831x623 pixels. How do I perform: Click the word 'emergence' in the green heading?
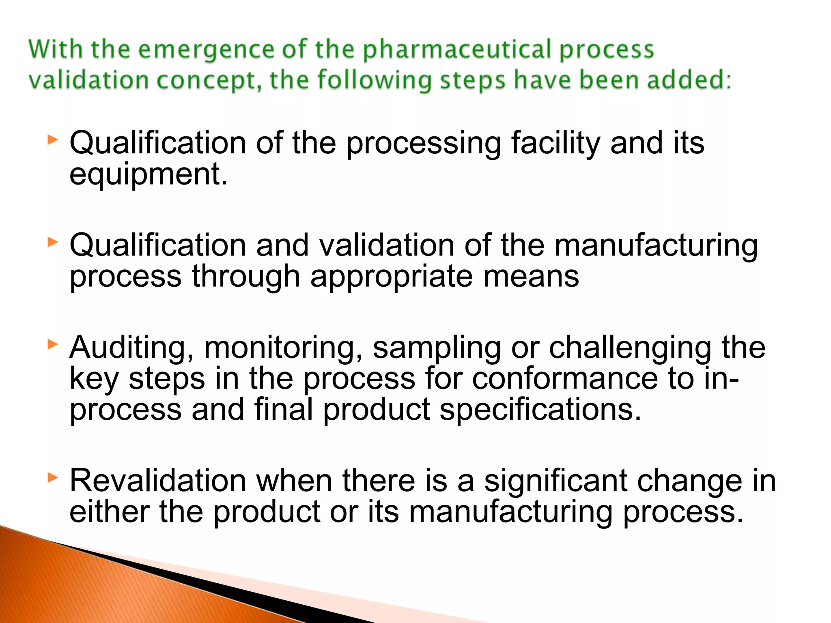[x=206, y=50]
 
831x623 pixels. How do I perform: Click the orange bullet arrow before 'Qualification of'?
[x=53, y=140]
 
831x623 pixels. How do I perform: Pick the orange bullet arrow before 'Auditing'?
[x=53, y=345]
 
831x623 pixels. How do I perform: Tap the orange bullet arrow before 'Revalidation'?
[x=53, y=477]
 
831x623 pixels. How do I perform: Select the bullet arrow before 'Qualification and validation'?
[x=53, y=243]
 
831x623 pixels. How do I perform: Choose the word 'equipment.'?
[x=149, y=175]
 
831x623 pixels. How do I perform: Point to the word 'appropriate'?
[x=391, y=277]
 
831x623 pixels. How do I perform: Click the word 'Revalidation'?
[x=157, y=481]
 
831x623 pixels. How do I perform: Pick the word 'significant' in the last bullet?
[x=555, y=481]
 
